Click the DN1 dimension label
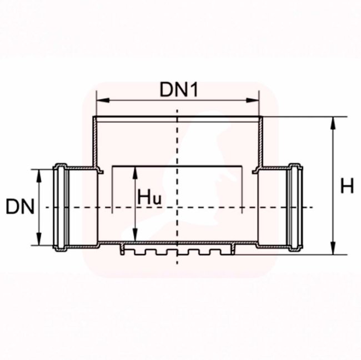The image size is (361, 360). tap(179, 89)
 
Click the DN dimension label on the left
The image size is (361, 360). tap(20, 206)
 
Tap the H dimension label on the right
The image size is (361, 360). tap(347, 186)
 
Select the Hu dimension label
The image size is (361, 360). tap(149, 197)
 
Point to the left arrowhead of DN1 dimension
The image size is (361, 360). tap(103, 100)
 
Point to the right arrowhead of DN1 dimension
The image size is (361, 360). tap(253, 100)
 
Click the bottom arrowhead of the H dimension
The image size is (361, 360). tap(333, 248)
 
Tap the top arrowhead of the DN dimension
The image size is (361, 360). tap(39, 176)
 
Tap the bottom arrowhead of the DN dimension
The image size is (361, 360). tap(39, 239)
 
